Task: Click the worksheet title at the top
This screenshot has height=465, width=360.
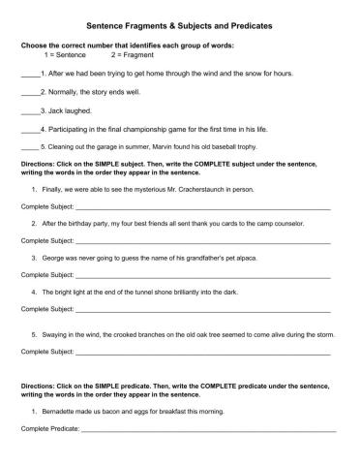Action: pyautogui.click(x=179, y=28)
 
